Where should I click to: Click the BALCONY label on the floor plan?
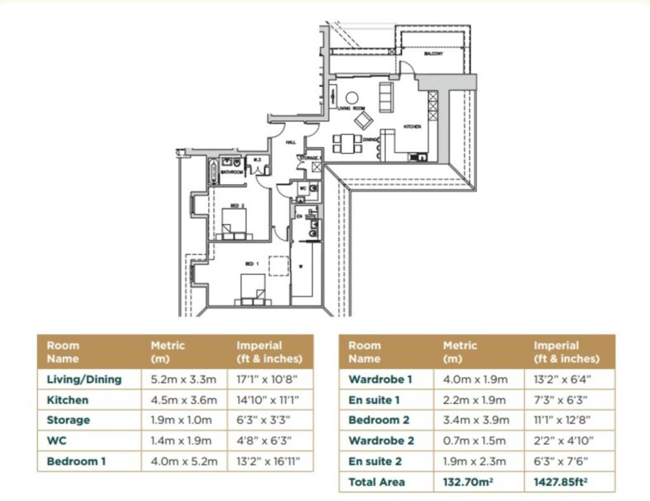click(434, 54)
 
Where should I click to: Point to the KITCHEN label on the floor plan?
click(412, 126)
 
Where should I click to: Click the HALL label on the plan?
click(291, 142)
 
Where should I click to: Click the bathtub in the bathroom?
click(214, 171)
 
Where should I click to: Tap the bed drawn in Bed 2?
click(233, 224)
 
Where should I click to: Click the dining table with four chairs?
click(347, 144)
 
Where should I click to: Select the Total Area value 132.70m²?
click(469, 482)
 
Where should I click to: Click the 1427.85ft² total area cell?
click(562, 482)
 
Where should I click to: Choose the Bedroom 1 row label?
click(76, 461)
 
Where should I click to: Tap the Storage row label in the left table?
click(69, 420)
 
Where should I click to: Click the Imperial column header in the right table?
click(566, 352)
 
